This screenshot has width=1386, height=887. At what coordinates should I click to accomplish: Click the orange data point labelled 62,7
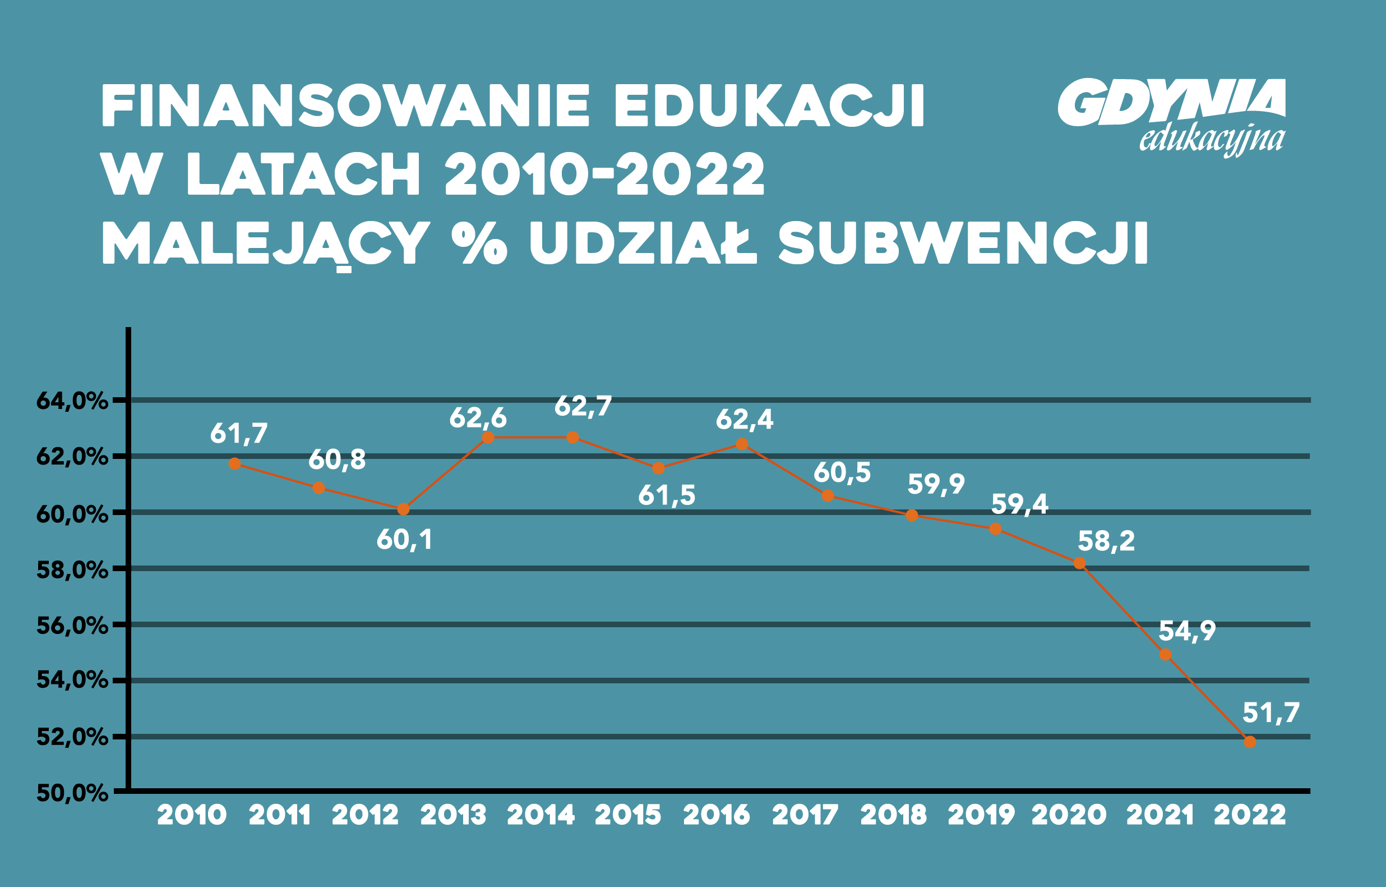[572, 438]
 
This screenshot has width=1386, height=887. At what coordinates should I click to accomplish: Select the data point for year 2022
[1250, 742]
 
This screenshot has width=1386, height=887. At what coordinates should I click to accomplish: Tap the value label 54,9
[1187, 631]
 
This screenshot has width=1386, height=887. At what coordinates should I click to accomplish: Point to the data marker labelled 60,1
[404, 509]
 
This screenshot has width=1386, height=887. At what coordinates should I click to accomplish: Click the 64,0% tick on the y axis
[72, 401]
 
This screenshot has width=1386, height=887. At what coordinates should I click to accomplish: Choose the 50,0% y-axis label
[72, 793]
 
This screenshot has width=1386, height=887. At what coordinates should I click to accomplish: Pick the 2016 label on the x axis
[717, 815]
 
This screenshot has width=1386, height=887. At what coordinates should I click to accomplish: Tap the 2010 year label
[192, 815]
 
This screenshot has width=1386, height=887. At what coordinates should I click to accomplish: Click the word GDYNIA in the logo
[1171, 103]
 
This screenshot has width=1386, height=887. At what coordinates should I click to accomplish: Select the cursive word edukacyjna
[1212, 140]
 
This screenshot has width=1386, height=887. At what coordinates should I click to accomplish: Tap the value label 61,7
[239, 434]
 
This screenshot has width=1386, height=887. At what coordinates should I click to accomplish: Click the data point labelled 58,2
[1080, 563]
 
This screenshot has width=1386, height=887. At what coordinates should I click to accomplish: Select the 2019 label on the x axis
[981, 815]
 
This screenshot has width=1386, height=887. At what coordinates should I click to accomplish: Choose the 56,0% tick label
[72, 626]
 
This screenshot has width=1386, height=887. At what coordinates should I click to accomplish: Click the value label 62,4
[744, 420]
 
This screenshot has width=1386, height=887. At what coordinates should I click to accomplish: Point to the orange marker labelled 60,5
[828, 495]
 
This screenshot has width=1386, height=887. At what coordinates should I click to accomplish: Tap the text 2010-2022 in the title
[604, 174]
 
